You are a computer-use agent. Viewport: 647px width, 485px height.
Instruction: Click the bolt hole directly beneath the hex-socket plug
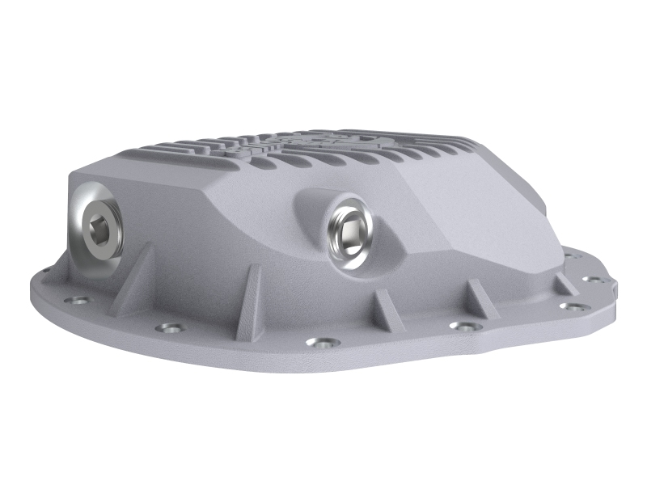coord(78,303)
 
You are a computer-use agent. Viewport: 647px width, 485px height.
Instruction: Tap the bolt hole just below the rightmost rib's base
coord(573,306)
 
